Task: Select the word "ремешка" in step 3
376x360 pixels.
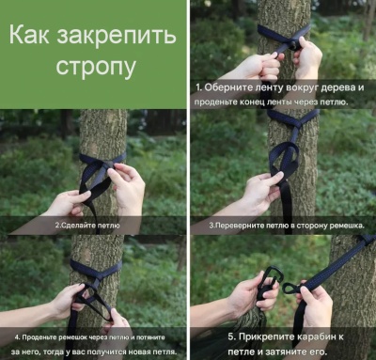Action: coord(345,226)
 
